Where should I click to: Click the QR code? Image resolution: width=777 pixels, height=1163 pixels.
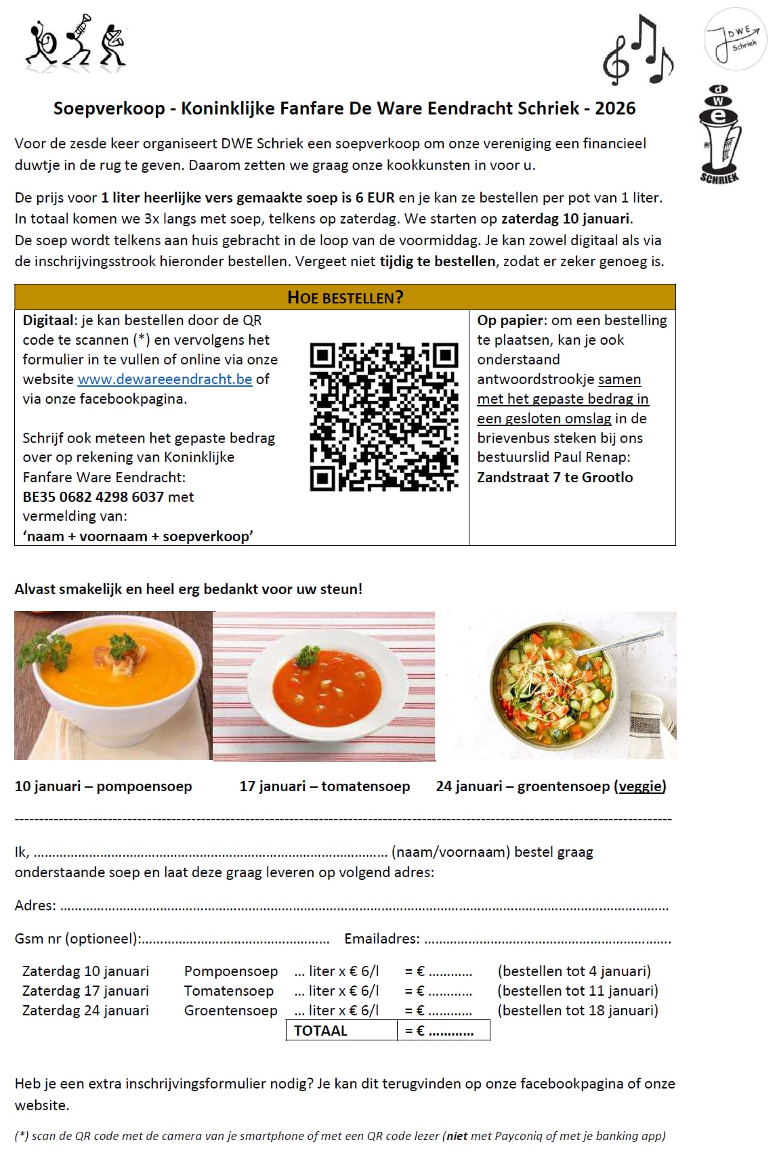pos(383,417)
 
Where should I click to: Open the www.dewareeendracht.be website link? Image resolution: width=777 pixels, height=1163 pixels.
pos(165,379)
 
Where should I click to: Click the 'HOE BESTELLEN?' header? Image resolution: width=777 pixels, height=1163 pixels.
pos(345,297)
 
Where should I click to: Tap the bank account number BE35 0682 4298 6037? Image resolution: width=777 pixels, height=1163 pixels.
pos(93,496)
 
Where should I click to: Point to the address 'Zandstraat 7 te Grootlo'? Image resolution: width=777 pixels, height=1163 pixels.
pos(555,477)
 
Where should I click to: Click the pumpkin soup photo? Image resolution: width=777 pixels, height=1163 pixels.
pos(113,685)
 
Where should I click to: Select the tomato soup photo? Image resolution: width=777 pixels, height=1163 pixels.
pos(324,686)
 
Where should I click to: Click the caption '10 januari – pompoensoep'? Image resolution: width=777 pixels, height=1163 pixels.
pos(103,786)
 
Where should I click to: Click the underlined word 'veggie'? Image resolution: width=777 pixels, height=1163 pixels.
pos(639,786)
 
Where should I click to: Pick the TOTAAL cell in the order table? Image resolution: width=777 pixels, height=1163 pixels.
pos(320,1030)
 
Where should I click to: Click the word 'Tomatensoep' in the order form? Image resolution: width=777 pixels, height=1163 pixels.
pos(229,990)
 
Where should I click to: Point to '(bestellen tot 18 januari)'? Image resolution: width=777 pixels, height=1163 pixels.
pos(578,1010)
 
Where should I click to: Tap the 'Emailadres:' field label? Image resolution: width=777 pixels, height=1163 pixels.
pos(382,938)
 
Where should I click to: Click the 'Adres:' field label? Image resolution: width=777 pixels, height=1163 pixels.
pos(35,905)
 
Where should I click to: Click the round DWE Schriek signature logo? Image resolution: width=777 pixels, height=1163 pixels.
pos(736,40)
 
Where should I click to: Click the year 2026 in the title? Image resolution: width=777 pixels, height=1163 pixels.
pos(615,108)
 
